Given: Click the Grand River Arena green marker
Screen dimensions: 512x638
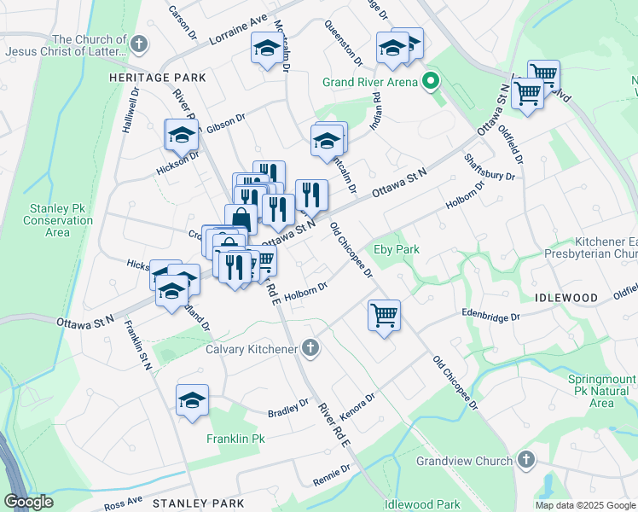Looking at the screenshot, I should click(432, 82).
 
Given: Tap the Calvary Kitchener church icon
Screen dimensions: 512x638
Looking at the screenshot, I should click(311, 348).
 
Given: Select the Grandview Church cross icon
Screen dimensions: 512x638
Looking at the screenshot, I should click(526, 461).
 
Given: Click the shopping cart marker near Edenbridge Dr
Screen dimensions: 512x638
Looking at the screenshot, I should click(385, 315).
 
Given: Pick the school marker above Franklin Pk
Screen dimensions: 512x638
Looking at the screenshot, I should click(193, 400).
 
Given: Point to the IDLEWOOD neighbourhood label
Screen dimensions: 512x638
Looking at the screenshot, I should click(566, 298).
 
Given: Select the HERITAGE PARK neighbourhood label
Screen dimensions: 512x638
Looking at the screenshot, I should click(158, 78).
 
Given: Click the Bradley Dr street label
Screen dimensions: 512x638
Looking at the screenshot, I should click(287, 404).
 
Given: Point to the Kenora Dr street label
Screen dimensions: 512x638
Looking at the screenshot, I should click(357, 404).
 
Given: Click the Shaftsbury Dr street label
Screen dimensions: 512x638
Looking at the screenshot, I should click(490, 167).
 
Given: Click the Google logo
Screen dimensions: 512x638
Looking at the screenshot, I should click(28, 502).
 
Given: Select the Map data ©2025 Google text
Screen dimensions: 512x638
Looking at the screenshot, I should click(585, 505).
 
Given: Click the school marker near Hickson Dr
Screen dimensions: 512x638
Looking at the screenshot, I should click(181, 135).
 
